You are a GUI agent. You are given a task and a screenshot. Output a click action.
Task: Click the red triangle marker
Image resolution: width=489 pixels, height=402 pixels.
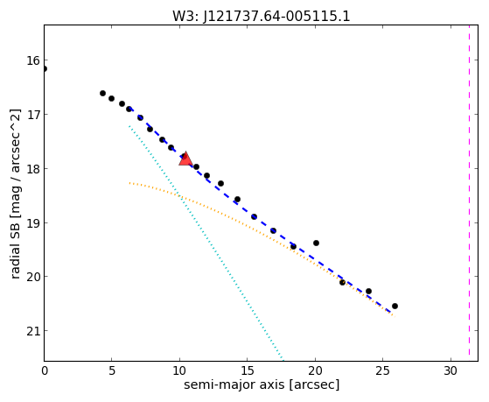point(185,159)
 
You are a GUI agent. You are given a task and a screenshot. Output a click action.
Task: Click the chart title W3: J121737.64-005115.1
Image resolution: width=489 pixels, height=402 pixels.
point(262,16)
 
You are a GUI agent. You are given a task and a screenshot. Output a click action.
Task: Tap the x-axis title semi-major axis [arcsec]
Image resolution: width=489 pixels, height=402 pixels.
point(262,384)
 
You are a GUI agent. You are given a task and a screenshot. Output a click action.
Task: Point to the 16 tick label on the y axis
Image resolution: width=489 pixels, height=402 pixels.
point(33,60)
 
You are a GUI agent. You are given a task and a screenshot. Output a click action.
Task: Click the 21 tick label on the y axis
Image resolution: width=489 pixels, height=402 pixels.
point(33,331)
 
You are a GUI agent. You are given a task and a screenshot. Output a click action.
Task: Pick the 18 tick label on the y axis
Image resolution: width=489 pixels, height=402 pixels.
point(33,169)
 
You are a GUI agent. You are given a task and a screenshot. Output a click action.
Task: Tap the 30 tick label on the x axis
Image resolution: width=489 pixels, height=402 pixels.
point(451,370)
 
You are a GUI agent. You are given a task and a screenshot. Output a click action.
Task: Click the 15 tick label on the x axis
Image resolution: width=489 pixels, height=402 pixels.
point(248,370)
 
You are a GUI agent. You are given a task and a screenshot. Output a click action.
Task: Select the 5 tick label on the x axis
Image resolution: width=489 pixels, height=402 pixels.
point(112,370)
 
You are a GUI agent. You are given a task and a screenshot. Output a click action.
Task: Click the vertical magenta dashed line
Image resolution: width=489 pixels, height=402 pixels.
point(469,193)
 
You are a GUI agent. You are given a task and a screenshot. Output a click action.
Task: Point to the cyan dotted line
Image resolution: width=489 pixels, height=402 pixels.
point(206,243)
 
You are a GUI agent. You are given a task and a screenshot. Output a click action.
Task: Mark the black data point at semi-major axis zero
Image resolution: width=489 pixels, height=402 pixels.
point(45,68)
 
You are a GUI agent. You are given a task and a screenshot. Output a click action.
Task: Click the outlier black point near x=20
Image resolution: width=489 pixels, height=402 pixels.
point(316,243)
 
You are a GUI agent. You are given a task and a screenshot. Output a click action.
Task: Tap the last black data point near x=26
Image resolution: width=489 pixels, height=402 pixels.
point(395,306)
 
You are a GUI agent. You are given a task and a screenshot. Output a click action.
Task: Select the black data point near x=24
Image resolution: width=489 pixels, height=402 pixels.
point(368,291)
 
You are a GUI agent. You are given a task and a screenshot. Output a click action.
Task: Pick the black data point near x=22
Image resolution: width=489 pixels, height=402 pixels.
point(342,282)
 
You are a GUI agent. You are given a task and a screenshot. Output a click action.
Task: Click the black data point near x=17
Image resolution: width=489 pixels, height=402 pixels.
point(273,231)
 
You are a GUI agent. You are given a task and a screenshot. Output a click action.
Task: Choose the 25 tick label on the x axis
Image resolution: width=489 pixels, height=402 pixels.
point(382,370)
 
